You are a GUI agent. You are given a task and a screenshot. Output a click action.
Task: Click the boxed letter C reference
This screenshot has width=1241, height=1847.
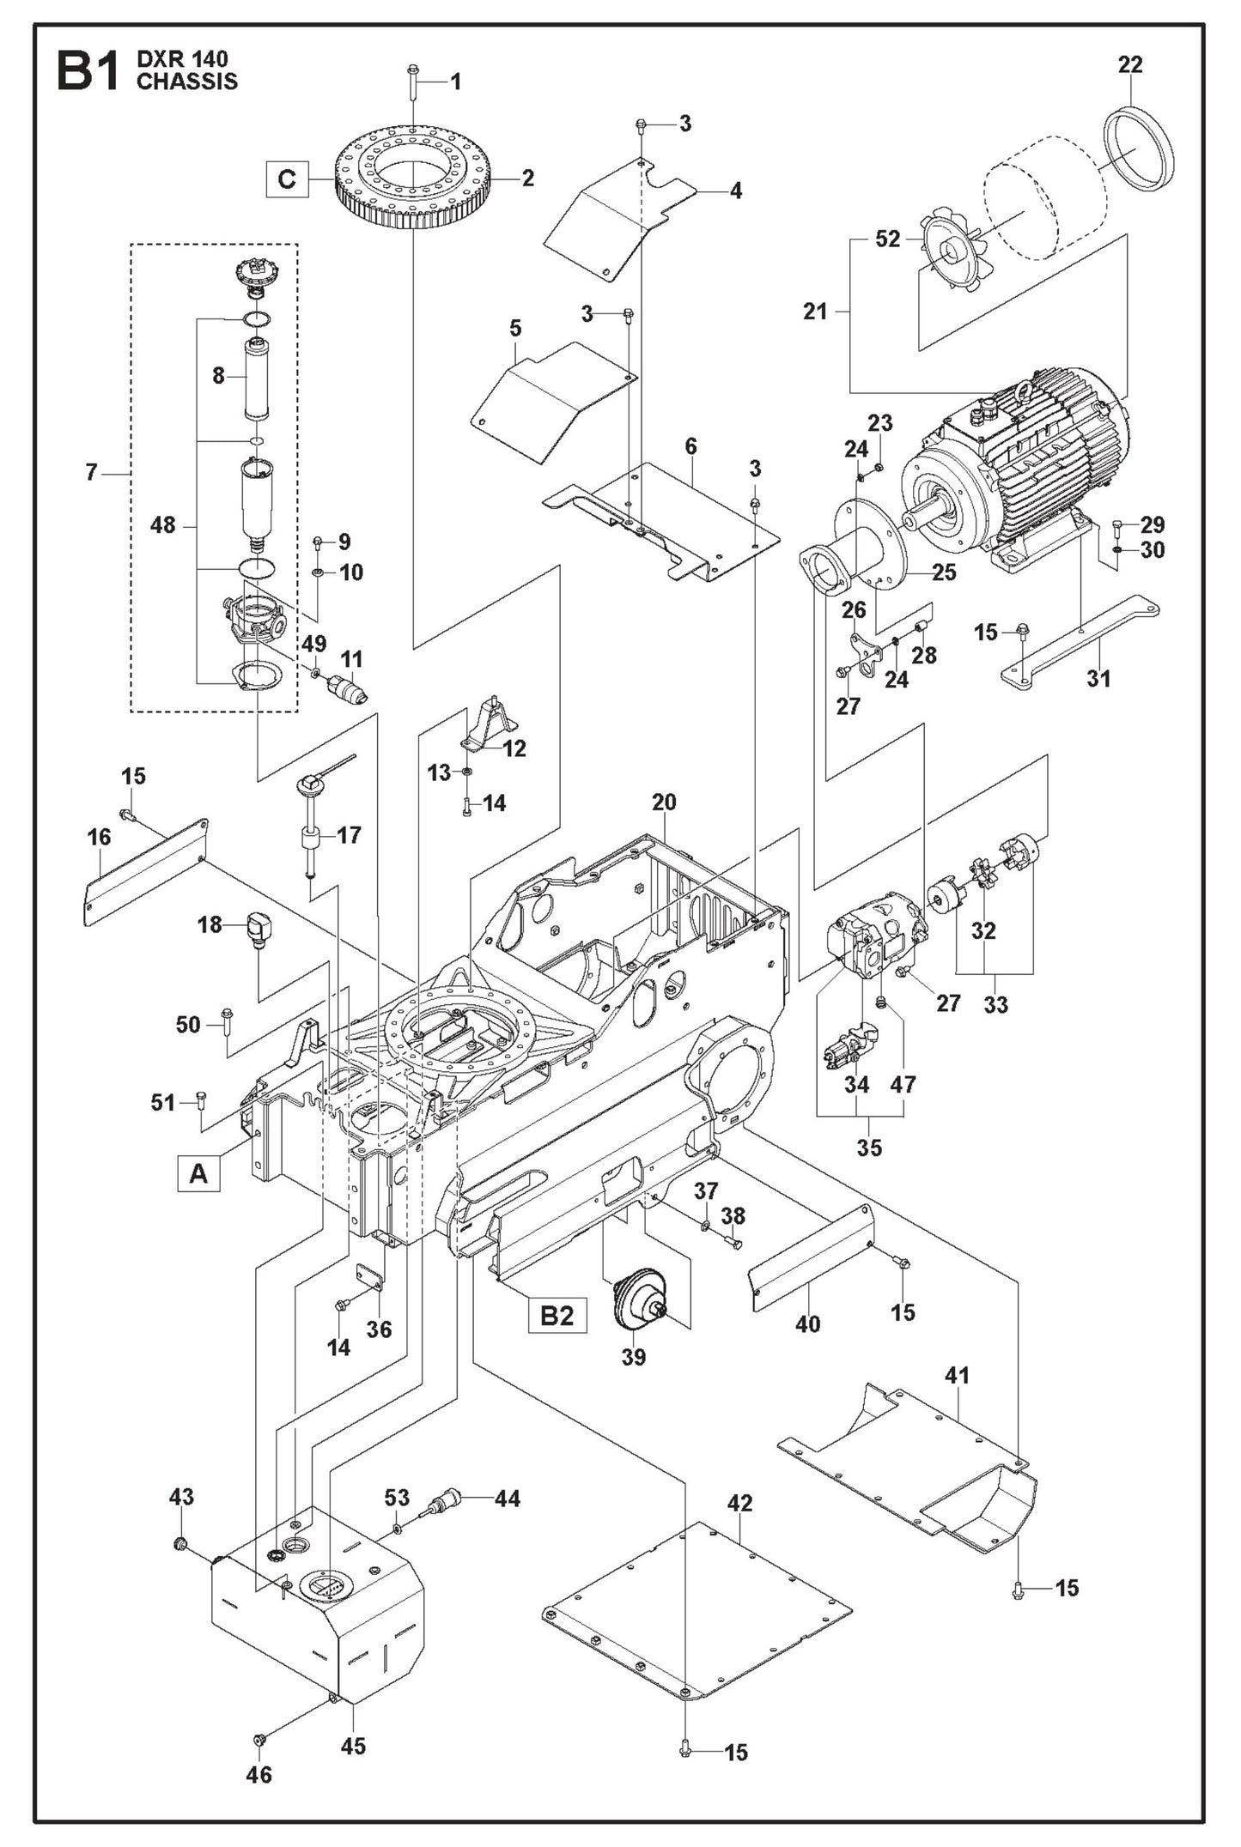[286, 179]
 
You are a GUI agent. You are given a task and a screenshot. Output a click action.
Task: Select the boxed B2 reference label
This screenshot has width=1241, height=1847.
[557, 1315]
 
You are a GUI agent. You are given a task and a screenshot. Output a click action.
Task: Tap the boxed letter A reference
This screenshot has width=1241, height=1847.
[198, 1172]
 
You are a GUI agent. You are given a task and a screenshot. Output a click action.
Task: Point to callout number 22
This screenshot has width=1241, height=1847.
[1130, 64]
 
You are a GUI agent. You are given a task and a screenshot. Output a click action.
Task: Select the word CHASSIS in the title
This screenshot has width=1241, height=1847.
[187, 82]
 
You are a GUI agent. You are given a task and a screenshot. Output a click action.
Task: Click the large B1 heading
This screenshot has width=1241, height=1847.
[87, 71]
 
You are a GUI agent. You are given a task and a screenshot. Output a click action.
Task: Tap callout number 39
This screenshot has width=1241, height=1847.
[633, 1357]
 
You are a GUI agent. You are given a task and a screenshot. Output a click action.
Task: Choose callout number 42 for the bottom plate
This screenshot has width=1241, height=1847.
[739, 1503]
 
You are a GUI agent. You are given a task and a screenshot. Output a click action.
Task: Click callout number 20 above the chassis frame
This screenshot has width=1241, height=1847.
[664, 802]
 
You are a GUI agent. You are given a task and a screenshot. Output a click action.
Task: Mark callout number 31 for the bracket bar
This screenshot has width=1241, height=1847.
[1098, 678]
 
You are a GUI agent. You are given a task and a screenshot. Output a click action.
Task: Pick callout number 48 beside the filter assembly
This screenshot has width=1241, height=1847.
[162, 524]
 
